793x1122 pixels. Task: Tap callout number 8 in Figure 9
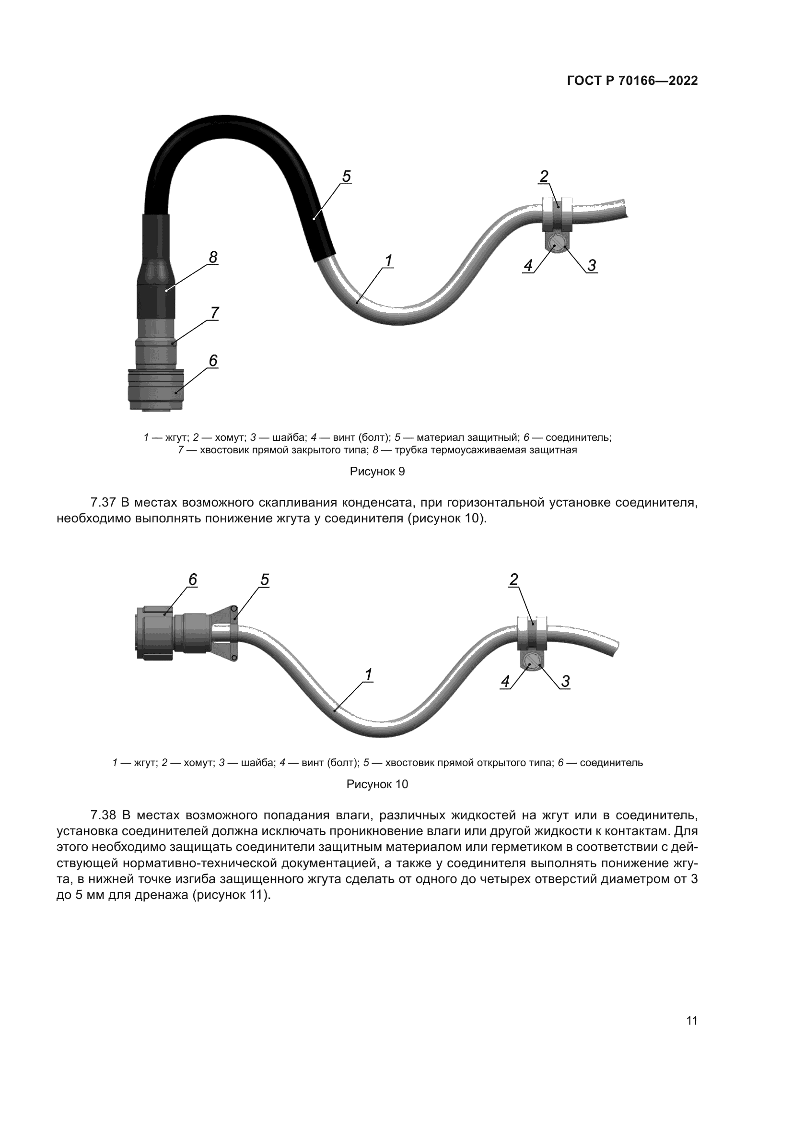coord(213,257)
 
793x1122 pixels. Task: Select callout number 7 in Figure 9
coord(214,312)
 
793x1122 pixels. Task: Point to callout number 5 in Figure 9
coord(346,177)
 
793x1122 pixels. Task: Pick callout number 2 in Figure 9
coord(544,177)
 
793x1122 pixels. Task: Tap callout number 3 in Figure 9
coord(591,265)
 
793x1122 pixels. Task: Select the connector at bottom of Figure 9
coord(153,390)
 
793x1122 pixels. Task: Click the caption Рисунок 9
coord(377,472)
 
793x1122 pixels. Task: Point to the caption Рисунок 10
coord(377,784)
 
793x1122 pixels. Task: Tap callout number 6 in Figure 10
coord(193,579)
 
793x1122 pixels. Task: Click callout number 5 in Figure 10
coord(264,579)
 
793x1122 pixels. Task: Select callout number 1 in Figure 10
coord(368,675)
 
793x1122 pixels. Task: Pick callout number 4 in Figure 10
coord(505,681)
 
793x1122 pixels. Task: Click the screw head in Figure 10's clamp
coord(531,662)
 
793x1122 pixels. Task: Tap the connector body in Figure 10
coord(155,634)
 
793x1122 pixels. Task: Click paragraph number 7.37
coord(102,502)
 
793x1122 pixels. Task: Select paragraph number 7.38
coord(103,815)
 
